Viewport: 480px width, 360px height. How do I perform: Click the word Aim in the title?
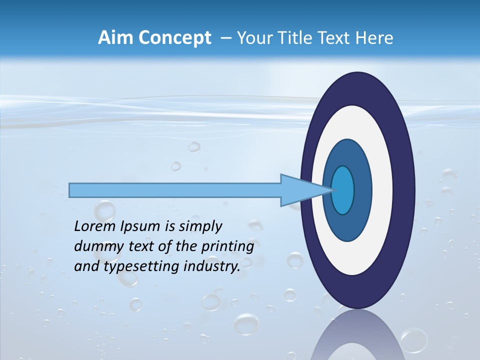(x=113, y=38)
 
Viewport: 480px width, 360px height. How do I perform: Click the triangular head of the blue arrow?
(x=305, y=190)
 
